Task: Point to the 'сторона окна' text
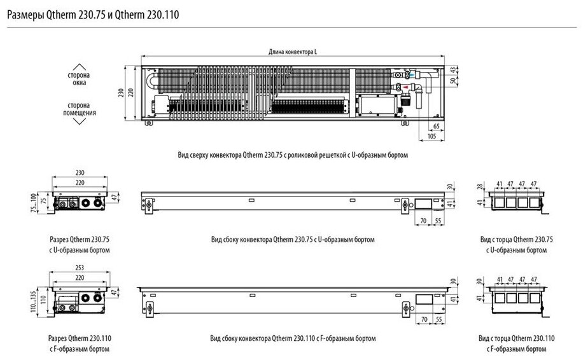(78, 79)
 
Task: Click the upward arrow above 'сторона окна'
(78, 66)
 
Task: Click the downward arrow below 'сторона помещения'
(78, 122)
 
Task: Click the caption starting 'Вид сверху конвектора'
(292, 155)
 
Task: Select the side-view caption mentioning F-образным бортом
(292, 338)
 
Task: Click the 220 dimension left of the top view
(130, 92)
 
